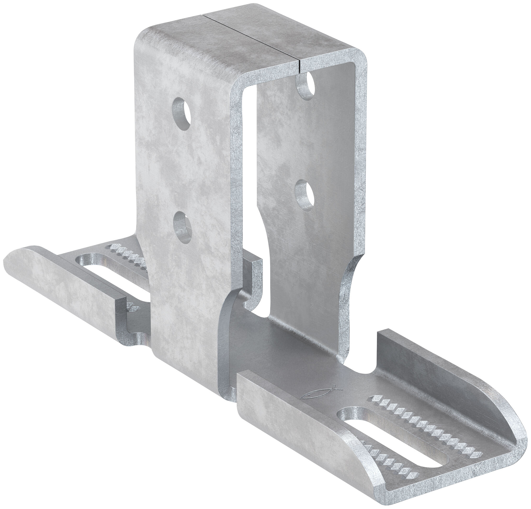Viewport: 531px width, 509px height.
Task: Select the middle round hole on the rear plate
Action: (x=305, y=193)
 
